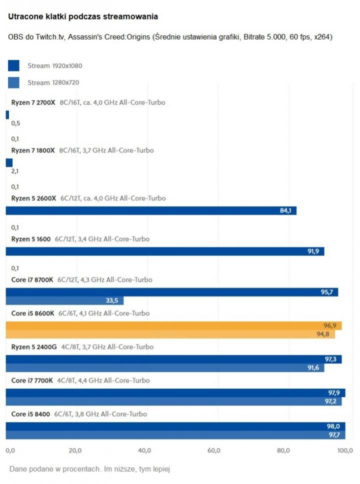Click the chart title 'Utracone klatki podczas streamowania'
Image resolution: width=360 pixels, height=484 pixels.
pyautogui.click(x=83, y=17)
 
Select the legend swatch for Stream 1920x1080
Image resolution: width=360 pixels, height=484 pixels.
pyautogui.click(x=13, y=65)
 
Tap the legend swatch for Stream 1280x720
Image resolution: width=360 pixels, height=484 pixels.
pyautogui.click(x=13, y=82)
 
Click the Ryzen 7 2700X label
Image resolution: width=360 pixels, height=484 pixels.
pyautogui.click(x=33, y=102)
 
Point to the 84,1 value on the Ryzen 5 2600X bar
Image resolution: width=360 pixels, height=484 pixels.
pyautogui.click(x=285, y=210)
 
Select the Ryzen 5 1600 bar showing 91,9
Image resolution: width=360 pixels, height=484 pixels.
pyautogui.click(x=164, y=251)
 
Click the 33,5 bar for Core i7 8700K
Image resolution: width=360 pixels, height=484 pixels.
pyautogui.click(x=64, y=300)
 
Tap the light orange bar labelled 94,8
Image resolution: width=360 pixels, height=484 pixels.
pyautogui.click(x=170, y=334)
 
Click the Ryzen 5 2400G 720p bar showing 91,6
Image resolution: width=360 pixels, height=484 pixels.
pyautogui.click(x=164, y=368)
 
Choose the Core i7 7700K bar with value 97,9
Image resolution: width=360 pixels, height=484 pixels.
pyautogui.click(x=175, y=393)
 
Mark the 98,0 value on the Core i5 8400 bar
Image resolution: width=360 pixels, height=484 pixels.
pyautogui.click(x=333, y=426)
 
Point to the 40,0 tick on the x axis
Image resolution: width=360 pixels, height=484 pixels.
pyautogui.click(x=144, y=450)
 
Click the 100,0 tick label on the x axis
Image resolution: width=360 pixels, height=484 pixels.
pyautogui.click(x=345, y=450)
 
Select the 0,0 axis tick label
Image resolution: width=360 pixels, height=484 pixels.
pyautogui.click(x=10, y=450)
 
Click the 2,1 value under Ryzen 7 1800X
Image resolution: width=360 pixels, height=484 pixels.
pyautogui.click(x=15, y=171)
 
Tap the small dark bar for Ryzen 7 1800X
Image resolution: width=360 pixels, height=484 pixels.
pyautogui.click(x=9, y=162)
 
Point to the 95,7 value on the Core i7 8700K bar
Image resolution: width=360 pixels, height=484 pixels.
pyautogui.click(x=327, y=292)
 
